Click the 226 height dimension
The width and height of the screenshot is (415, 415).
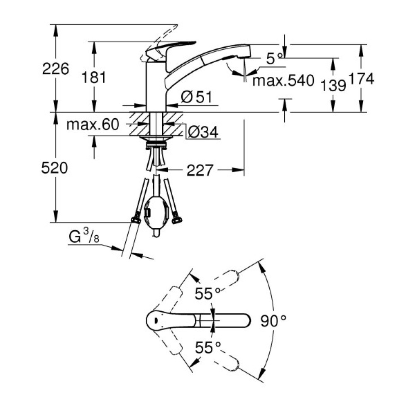tap(56, 68)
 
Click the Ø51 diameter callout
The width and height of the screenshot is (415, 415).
tap(197, 98)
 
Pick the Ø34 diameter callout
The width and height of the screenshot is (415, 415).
tap(203, 132)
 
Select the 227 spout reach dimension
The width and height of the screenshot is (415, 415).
tap(200, 170)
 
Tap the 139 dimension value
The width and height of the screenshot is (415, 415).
tap(333, 85)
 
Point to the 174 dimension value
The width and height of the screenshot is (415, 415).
tap(361, 78)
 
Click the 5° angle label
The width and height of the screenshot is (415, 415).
tap(274, 59)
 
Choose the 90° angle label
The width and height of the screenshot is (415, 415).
tap(274, 320)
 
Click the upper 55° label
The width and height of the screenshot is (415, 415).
tap(207, 294)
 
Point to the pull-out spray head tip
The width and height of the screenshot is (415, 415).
tap(245, 51)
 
